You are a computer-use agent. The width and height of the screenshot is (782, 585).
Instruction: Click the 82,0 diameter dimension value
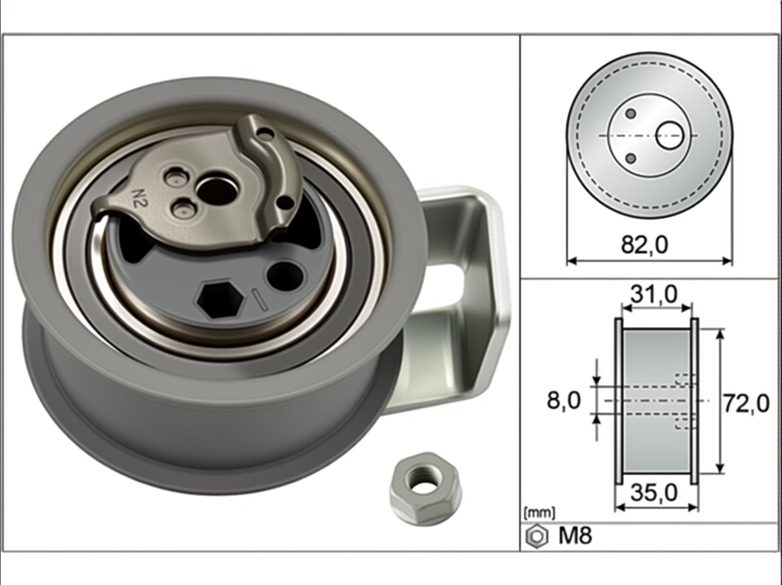point(644,245)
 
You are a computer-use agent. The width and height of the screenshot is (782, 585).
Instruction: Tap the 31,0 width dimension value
point(654,294)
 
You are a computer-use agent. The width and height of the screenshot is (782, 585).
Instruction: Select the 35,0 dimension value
point(654,493)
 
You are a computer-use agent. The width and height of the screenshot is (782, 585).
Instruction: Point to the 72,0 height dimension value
point(746,404)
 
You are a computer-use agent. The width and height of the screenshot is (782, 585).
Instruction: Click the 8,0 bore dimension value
point(564,400)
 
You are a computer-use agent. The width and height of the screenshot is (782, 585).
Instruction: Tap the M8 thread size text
point(575,535)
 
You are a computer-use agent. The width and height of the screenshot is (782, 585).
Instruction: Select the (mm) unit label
point(540,513)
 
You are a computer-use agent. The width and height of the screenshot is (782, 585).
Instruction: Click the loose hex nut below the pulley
point(425,488)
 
